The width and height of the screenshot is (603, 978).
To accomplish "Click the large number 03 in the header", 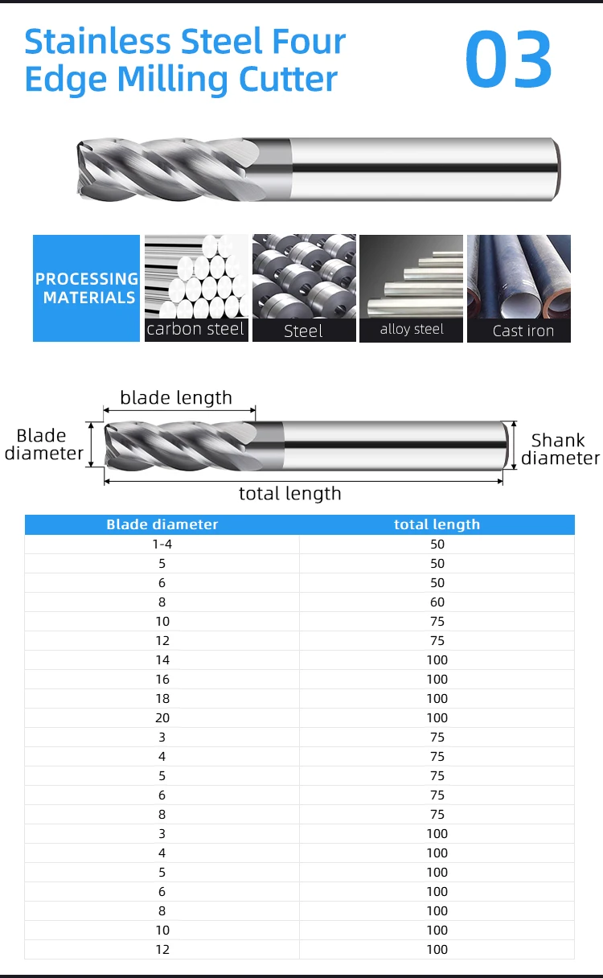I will [509, 60].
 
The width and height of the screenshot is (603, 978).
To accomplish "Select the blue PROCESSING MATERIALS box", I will [86, 288].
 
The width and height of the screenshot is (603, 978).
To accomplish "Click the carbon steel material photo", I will [196, 277].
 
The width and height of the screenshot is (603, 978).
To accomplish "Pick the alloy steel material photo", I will [411, 277].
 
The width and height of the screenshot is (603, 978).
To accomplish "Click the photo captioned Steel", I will [304, 277].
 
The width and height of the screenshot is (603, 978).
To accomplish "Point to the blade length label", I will [176, 397].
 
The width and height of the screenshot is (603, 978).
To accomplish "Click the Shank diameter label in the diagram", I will [560, 449].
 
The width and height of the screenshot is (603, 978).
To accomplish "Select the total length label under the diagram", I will [289, 493].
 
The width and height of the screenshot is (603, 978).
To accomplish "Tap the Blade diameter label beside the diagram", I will [43, 444].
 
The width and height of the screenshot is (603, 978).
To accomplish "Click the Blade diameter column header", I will [162, 524].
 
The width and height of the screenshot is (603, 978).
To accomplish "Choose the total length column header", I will [437, 524].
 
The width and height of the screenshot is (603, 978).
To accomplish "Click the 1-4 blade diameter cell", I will [162, 544].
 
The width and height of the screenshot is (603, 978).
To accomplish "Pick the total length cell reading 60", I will [437, 602].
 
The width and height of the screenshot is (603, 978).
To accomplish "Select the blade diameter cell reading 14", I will [162, 660].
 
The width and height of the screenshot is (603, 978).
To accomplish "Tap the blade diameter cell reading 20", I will [162, 718].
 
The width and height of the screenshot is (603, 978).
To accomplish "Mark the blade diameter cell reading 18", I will [162, 699].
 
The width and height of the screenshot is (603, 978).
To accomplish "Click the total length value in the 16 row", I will [437, 680].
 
